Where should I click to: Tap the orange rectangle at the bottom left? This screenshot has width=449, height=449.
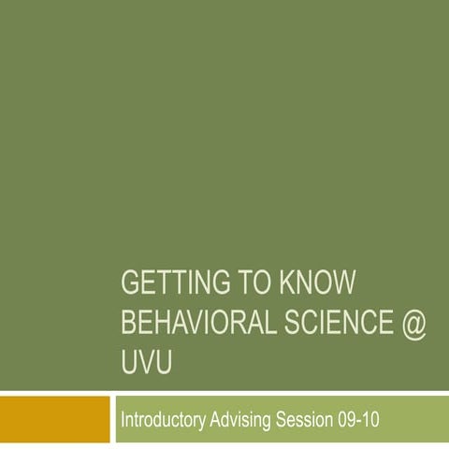[55, 418]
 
